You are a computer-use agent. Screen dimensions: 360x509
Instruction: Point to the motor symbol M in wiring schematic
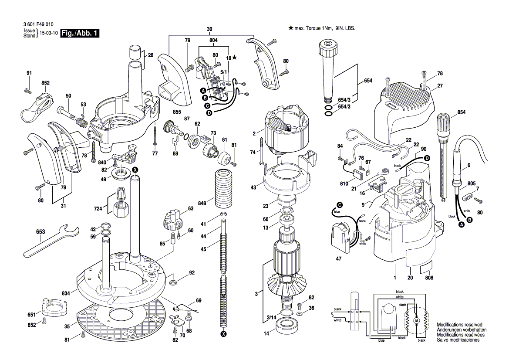[x=415, y=320]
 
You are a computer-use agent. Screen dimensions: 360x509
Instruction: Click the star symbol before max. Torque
[x=291, y=28]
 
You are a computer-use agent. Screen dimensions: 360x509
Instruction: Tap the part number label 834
[x=66, y=294]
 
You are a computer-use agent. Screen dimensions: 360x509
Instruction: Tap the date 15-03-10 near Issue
[x=48, y=34]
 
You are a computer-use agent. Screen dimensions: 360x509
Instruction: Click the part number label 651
[x=31, y=315]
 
